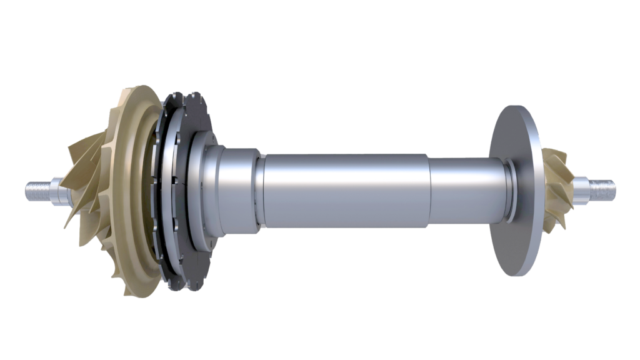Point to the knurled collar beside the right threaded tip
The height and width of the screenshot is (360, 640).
[585, 186]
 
